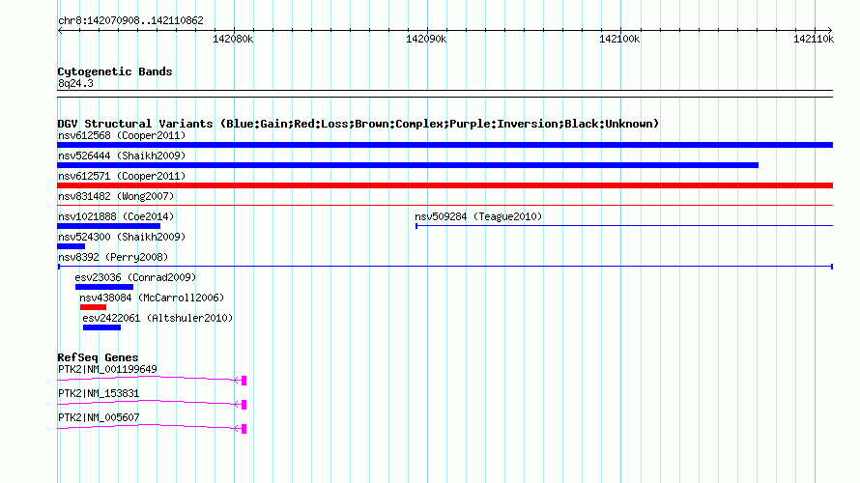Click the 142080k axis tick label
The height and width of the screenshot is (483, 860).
233,39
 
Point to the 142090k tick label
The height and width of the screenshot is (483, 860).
426,39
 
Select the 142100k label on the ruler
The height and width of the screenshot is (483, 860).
619,39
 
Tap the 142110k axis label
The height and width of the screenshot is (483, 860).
814,39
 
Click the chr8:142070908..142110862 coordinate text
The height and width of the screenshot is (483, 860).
130,20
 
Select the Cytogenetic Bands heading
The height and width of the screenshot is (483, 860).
115,71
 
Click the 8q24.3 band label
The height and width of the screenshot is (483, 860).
75,83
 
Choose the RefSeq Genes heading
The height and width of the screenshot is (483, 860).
98,357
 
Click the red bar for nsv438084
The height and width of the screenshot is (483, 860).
93,307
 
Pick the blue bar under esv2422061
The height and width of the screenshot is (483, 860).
101,327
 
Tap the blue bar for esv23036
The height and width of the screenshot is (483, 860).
104,287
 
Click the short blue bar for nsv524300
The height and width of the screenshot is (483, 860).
72,246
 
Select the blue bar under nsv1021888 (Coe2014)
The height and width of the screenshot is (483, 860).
108,226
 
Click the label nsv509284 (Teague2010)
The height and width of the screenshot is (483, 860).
478,216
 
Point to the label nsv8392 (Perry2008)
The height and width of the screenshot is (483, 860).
113,257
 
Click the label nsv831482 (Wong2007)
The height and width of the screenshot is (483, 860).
116,196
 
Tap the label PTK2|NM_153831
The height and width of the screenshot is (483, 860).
99,393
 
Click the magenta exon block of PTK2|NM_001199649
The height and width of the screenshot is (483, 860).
244,381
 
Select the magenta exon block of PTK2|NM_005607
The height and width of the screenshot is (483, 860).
244,429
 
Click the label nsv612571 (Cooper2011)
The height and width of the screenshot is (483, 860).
122,176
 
